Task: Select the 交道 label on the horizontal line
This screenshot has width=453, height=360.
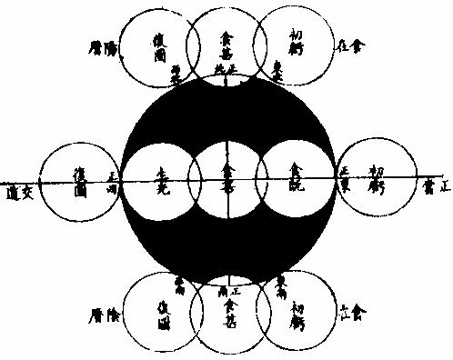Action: click(17, 193)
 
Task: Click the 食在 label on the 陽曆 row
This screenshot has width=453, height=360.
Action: click(347, 43)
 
